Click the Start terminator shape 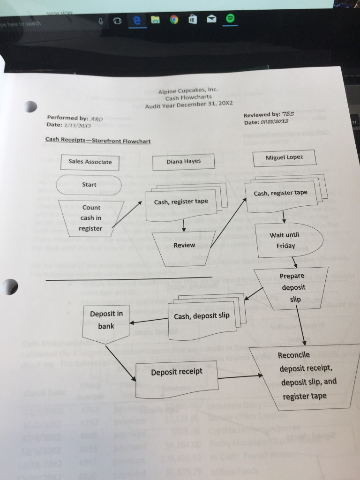[x=89, y=185]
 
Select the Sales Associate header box [x=90, y=162]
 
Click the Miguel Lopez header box [x=284, y=157]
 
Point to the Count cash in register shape [x=91, y=217]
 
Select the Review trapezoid [x=184, y=245]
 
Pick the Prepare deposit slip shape [x=292, y=287]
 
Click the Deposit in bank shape [x=106, y=320]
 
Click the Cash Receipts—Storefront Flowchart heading [x=97, y=139]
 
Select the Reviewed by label [x=262, y=115]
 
